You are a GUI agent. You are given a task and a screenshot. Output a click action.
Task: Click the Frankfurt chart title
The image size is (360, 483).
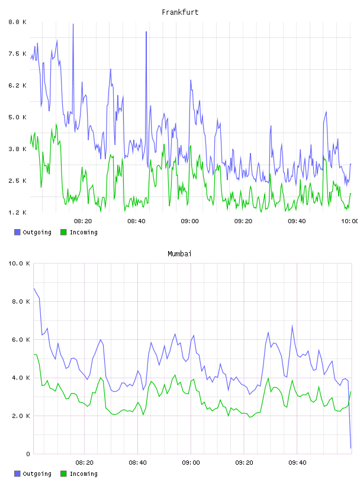(180, 12)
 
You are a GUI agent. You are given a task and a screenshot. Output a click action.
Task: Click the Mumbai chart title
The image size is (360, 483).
(179, 254)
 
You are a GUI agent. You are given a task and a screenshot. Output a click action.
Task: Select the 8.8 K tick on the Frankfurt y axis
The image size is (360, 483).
(17, 22)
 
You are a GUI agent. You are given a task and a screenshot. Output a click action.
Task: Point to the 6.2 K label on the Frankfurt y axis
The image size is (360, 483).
(17, 85)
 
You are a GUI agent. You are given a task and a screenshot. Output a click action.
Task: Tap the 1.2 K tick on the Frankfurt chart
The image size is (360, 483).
(17, 212)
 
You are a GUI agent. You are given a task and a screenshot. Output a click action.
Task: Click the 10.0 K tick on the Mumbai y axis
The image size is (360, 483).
(19, 263)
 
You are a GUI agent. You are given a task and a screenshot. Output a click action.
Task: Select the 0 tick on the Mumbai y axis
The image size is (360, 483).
(28, 454)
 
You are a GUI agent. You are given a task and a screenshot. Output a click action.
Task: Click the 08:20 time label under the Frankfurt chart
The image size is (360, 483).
(83, 221)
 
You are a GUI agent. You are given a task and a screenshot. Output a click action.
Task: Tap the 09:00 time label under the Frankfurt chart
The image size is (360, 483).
(190, 221)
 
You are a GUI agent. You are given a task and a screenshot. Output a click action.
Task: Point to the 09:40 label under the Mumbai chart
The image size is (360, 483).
(297, 462)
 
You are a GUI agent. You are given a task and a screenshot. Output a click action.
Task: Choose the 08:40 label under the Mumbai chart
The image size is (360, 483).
(138, 462)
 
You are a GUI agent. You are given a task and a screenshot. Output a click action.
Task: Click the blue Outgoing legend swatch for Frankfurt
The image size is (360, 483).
(17, 232)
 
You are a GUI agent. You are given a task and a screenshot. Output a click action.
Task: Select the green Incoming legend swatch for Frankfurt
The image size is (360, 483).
(63, 232)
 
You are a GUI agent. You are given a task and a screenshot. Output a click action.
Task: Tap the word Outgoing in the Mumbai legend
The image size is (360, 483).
(37, 474)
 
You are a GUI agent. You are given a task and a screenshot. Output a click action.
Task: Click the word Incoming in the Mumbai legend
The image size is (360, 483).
(83, 474)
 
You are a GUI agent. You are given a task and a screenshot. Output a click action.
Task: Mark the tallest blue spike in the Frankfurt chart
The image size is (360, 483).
(73, 24)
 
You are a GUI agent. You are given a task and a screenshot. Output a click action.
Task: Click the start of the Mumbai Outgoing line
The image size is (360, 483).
(34, 288)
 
